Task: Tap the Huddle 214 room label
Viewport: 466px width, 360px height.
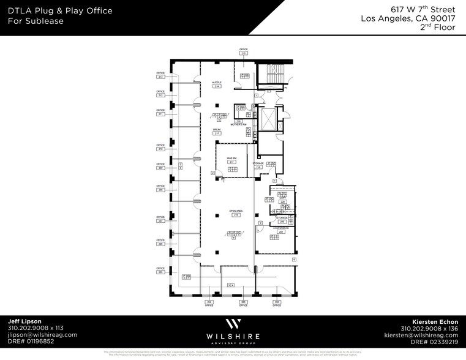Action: pos(217,85)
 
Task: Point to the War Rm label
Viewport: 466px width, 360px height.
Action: pos(231,160)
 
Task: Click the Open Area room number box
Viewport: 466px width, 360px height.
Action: pos(235,216)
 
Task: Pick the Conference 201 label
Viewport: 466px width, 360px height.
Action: pos(281,230)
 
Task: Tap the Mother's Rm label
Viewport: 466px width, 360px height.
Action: pos(239,124)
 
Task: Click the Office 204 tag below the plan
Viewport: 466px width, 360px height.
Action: pos(209,302)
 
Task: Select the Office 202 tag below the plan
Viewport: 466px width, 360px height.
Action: pos(277,302)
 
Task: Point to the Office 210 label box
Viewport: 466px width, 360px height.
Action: pos(160,149)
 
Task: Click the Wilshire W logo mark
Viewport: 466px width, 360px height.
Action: pos(233,324)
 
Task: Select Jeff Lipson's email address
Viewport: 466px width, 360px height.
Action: pos(42,335)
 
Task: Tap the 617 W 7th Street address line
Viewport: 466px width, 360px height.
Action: pos(423,10)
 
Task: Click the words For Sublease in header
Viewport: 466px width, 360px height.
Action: pos(36,21)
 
